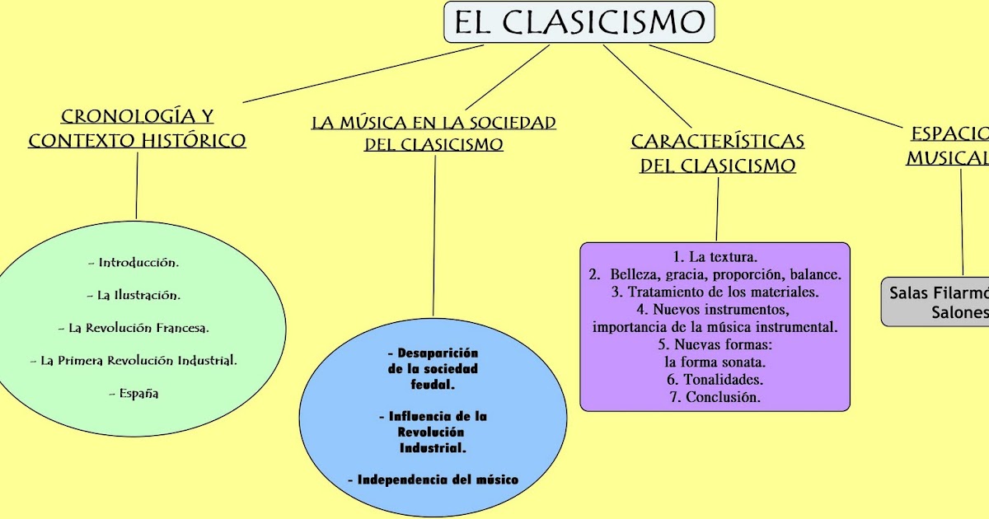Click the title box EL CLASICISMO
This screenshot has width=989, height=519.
click(x=579, y=22)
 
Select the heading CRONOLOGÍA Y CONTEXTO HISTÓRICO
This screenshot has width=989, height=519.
click(x=137, y=129)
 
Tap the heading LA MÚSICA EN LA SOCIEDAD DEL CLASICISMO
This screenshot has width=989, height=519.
click(x=434, y=133)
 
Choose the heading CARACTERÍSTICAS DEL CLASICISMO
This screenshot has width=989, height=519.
click(x=718, y=153)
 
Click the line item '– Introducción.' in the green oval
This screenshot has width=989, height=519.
click(x=134, y=263)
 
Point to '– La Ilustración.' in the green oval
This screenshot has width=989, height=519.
click(x=134, y=294)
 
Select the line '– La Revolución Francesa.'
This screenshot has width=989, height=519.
click(x=134, y=328)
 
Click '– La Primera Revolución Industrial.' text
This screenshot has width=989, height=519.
click(x=134, y=360)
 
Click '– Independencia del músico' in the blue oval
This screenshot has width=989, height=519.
click(x=434, y=479)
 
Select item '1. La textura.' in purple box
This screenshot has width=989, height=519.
click(x=715, y=257)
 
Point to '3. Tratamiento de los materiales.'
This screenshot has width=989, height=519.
click(x=715, y=292)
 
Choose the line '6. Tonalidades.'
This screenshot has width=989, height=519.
click(x=715, y=380)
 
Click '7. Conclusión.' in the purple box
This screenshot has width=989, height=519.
click(x=715, y=397)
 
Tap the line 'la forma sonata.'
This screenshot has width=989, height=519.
click(x=715, y=362)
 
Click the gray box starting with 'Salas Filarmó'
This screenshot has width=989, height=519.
click(x=936, y=302)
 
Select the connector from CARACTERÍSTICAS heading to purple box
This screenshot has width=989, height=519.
click(x=717, y=210)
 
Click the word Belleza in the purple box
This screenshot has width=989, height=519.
click(x=636, y=274)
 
